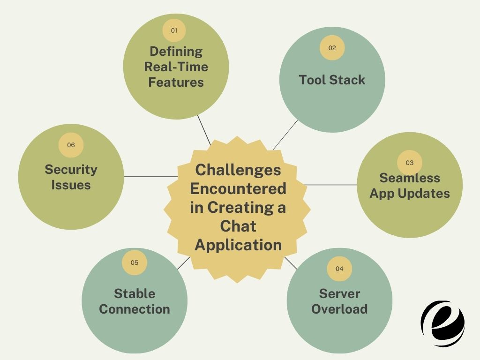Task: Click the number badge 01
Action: click(x=174, y=30)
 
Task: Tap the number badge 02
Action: click(x=332, y=48)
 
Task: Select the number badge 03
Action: click(x=409, y=163)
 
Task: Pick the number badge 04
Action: click(x=339, y=269)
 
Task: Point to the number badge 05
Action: click(x=135, y=262)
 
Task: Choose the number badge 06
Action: click(x=71, y=145)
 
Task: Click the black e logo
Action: click(x=442, y=323)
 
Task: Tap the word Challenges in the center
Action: click(x=238, y=169)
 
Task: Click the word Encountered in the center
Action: click(x=238, y=188)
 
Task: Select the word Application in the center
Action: click(x=238, y=245)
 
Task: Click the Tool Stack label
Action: click(x=332, y=80)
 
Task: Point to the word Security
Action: click(x=71, y=169)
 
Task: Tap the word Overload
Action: click(x=339, y=309)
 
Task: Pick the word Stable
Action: click(x=135, y=293)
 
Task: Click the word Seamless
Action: click(x=410, y=178)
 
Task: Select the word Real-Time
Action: click(x=176, y=67)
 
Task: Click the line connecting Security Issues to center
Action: click(x=150, y=177)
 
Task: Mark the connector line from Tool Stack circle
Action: click(x=285, y=135)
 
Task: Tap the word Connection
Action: click(x=135, y=309)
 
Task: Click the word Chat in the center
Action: click(x=238, y=226)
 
